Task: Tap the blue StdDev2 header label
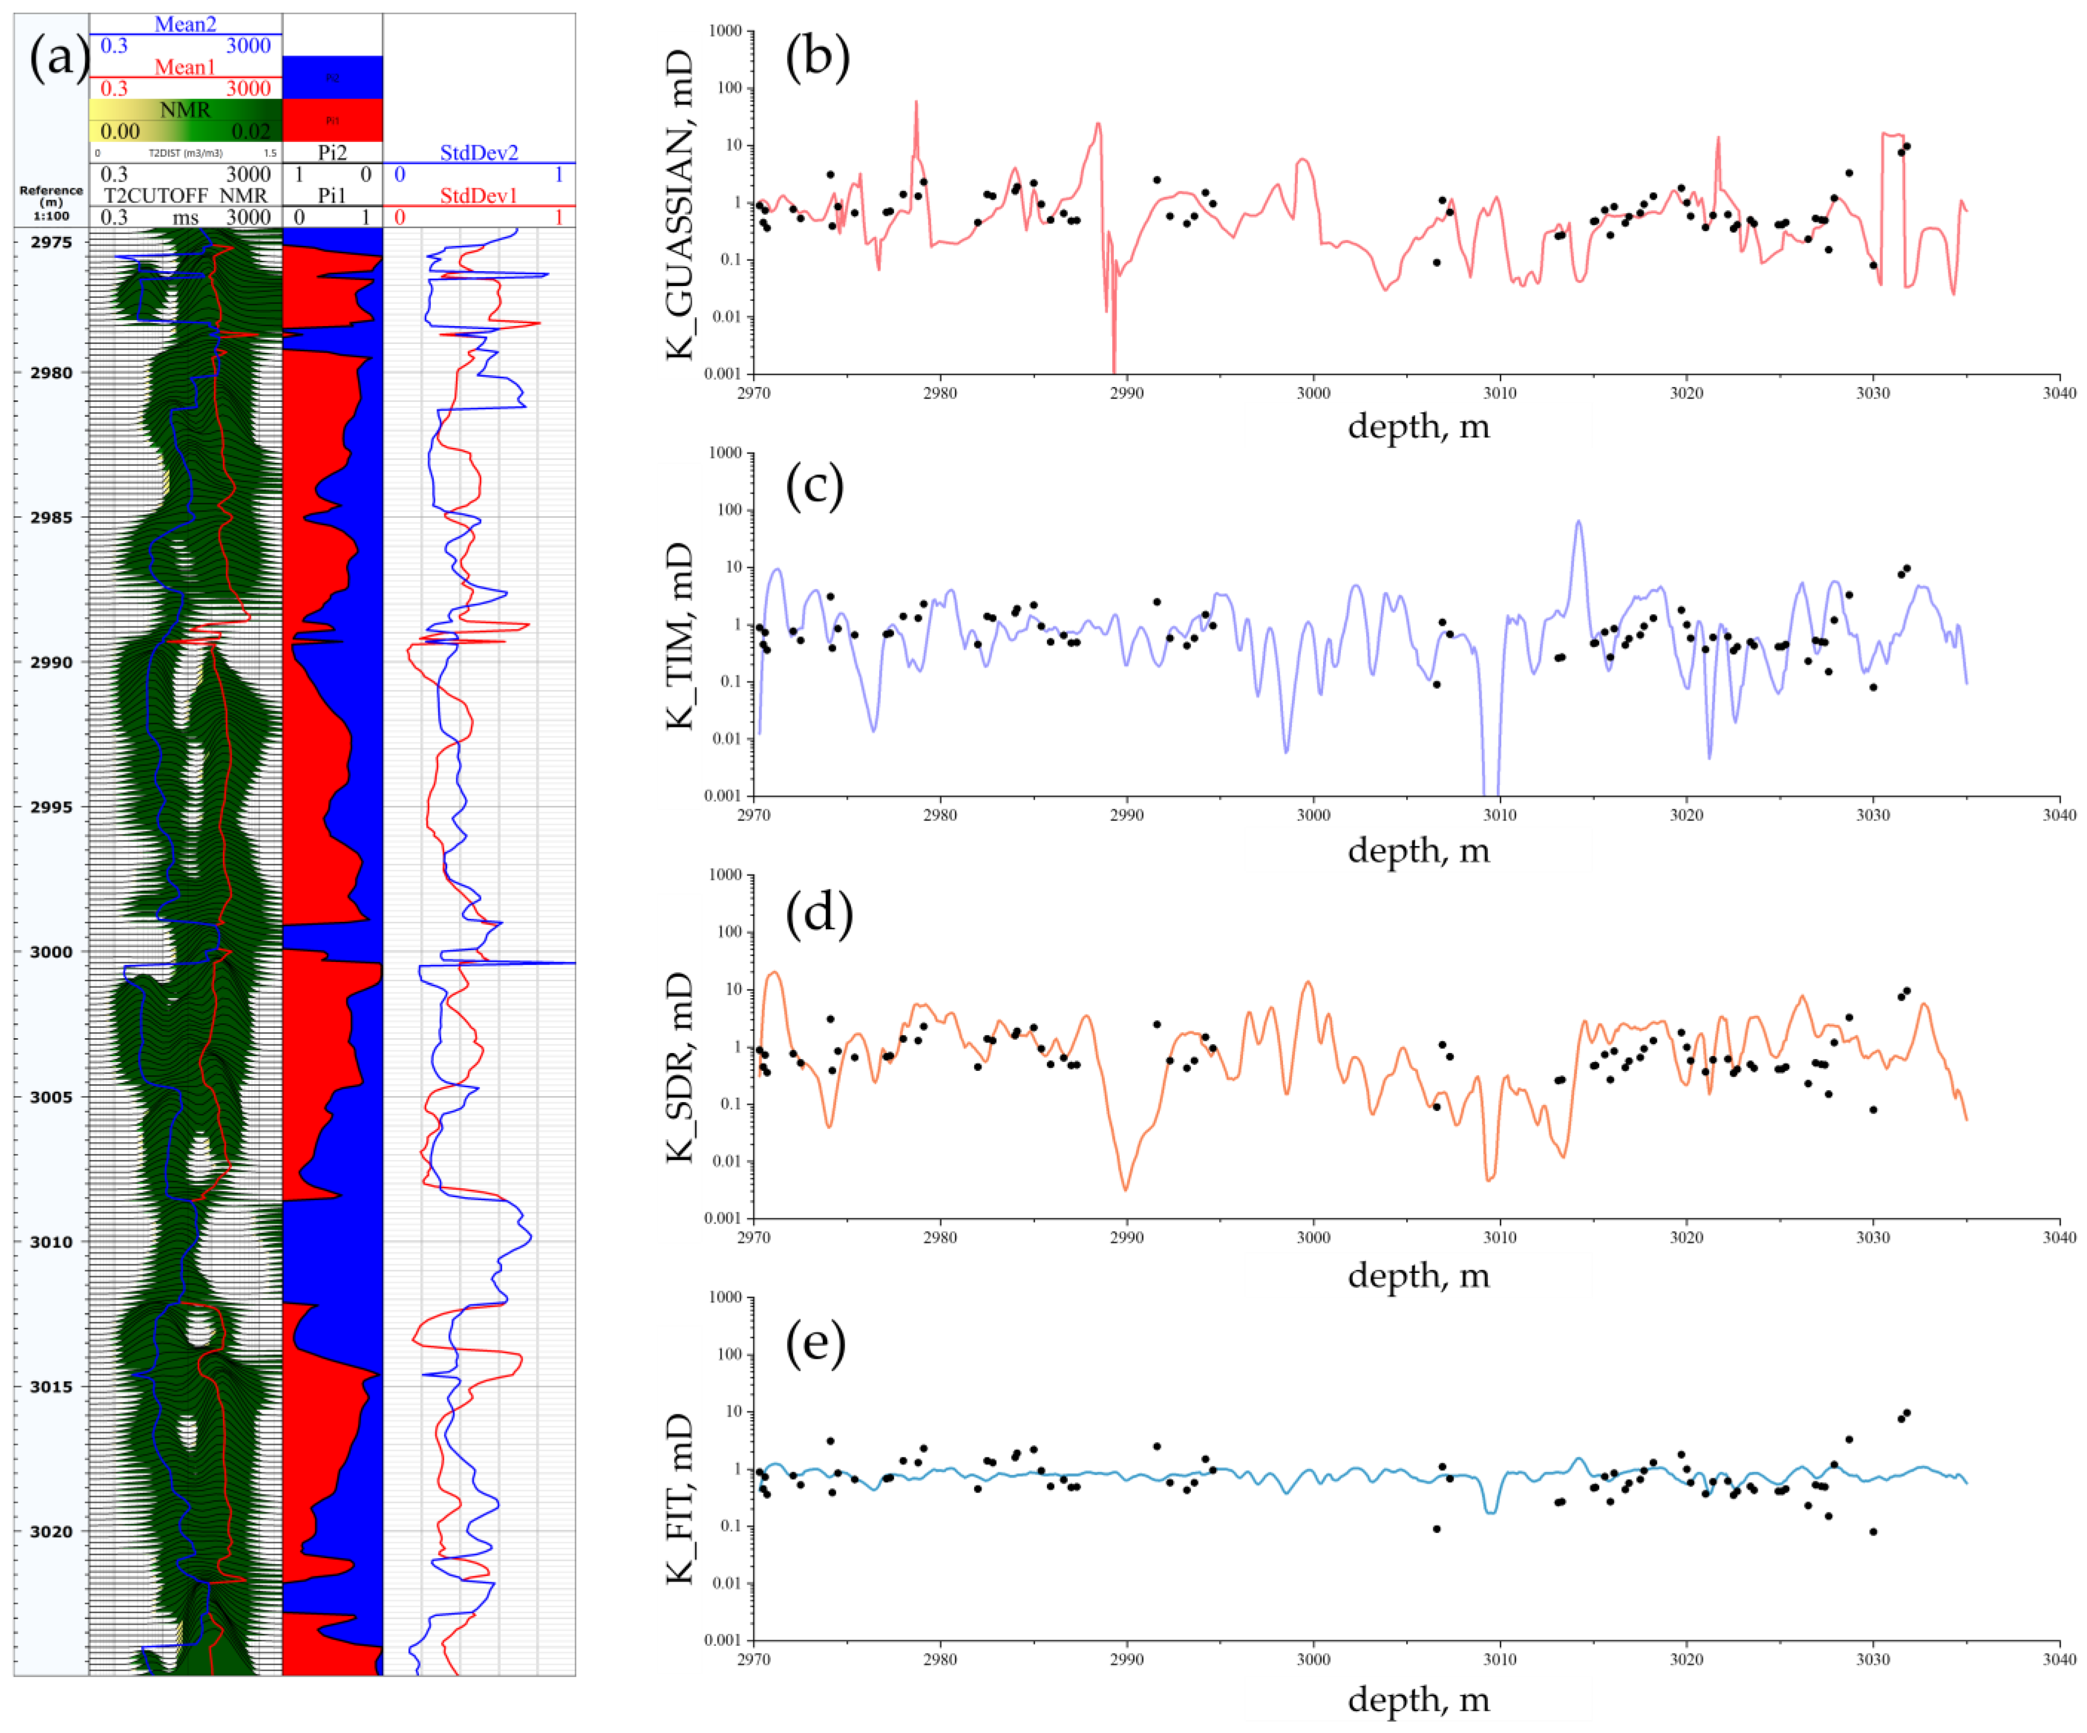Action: pos(479,152)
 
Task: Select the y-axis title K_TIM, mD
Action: pos(680,636)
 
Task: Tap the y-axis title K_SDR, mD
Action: pos(680,1067)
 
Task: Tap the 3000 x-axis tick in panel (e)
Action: pos(1313,1659)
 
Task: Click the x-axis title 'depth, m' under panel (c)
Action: pos(1418,851)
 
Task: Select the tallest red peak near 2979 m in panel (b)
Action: pos(916,101)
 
